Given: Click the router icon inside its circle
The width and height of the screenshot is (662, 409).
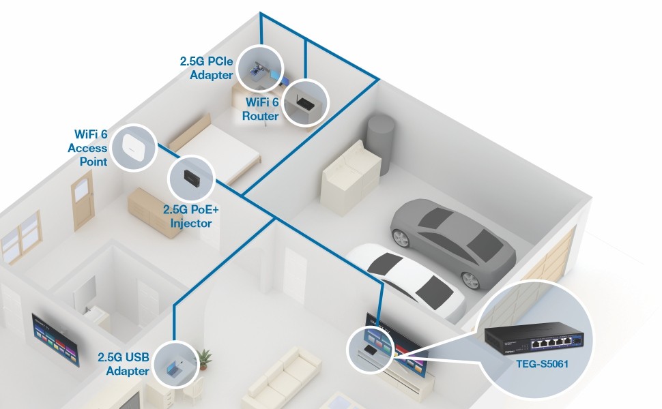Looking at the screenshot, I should [x=305, y=103].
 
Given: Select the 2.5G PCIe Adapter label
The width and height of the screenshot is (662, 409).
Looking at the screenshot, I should [x=206, y=68].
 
